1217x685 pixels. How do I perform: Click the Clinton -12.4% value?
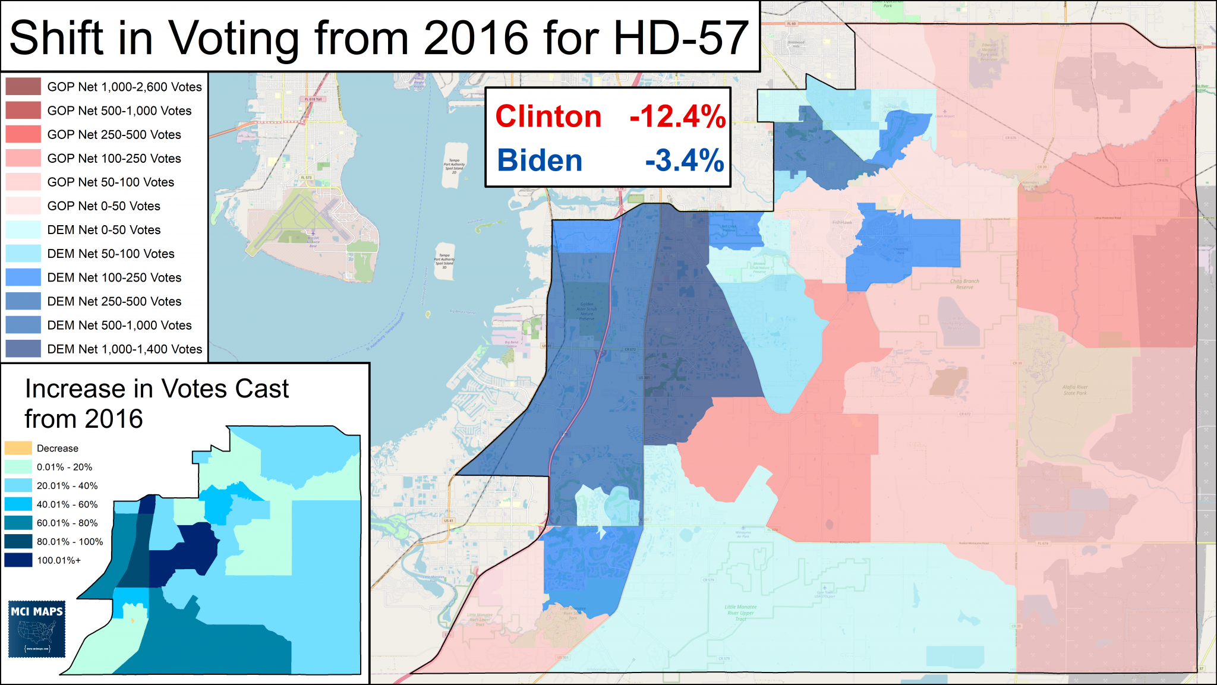click(677, 116)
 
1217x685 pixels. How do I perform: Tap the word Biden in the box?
click(540, 160)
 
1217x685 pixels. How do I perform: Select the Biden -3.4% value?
click(685, 161)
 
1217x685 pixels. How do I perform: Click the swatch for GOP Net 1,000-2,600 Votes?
click(23, 87)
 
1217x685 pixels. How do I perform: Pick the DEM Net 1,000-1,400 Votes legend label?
click(125, 349)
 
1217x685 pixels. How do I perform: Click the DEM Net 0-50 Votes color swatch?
click(23, 230)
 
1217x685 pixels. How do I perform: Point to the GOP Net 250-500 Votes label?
click(114, 135)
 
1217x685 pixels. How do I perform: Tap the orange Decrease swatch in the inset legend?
click(18, 448)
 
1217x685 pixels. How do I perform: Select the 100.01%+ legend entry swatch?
click(18, 560)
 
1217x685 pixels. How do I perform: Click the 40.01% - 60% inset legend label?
click(67, 504)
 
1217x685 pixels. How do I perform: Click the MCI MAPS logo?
click(37, 629)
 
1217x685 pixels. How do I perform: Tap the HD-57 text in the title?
click(681, 38)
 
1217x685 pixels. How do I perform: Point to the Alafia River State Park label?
click(1075, 390)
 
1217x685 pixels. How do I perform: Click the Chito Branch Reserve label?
click(964, 284)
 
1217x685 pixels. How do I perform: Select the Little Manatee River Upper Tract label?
click(740, 613)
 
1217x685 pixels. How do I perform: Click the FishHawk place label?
click(842, 222)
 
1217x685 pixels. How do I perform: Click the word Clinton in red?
click(548, 116)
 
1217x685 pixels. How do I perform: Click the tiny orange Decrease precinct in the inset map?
click(133, 620)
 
